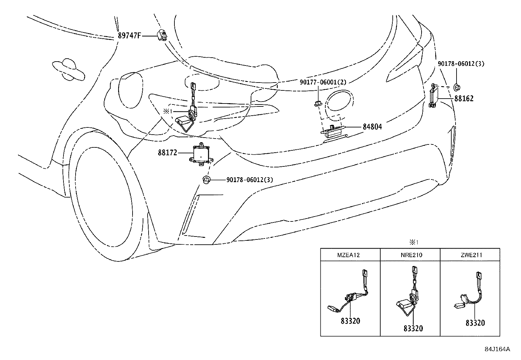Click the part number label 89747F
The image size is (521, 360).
click(x=129, y=36)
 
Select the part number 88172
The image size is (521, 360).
click(x=168, y=153)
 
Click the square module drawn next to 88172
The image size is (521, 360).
click(x=201, y=153)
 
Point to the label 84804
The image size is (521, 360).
click(x=372, y=127)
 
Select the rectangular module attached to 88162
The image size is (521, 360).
click(x=434, y=96)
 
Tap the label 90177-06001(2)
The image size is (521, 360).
click(x=323, y=82)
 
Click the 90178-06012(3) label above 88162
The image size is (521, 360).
click(x=461, y=64)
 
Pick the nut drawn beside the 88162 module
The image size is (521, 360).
click(x=457, y=87)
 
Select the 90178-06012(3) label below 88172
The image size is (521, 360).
click(x=249, y=180)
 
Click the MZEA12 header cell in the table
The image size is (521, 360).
click(x=350, y=255)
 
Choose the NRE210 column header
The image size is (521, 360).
click(x=410, y=255)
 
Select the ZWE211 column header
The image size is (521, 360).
click(x=470, y=255)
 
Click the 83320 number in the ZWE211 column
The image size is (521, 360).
click(x=475, y=323)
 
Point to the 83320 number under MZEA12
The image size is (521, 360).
click(x=350, y=321)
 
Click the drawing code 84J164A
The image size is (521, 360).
click(x=497, y=349)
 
